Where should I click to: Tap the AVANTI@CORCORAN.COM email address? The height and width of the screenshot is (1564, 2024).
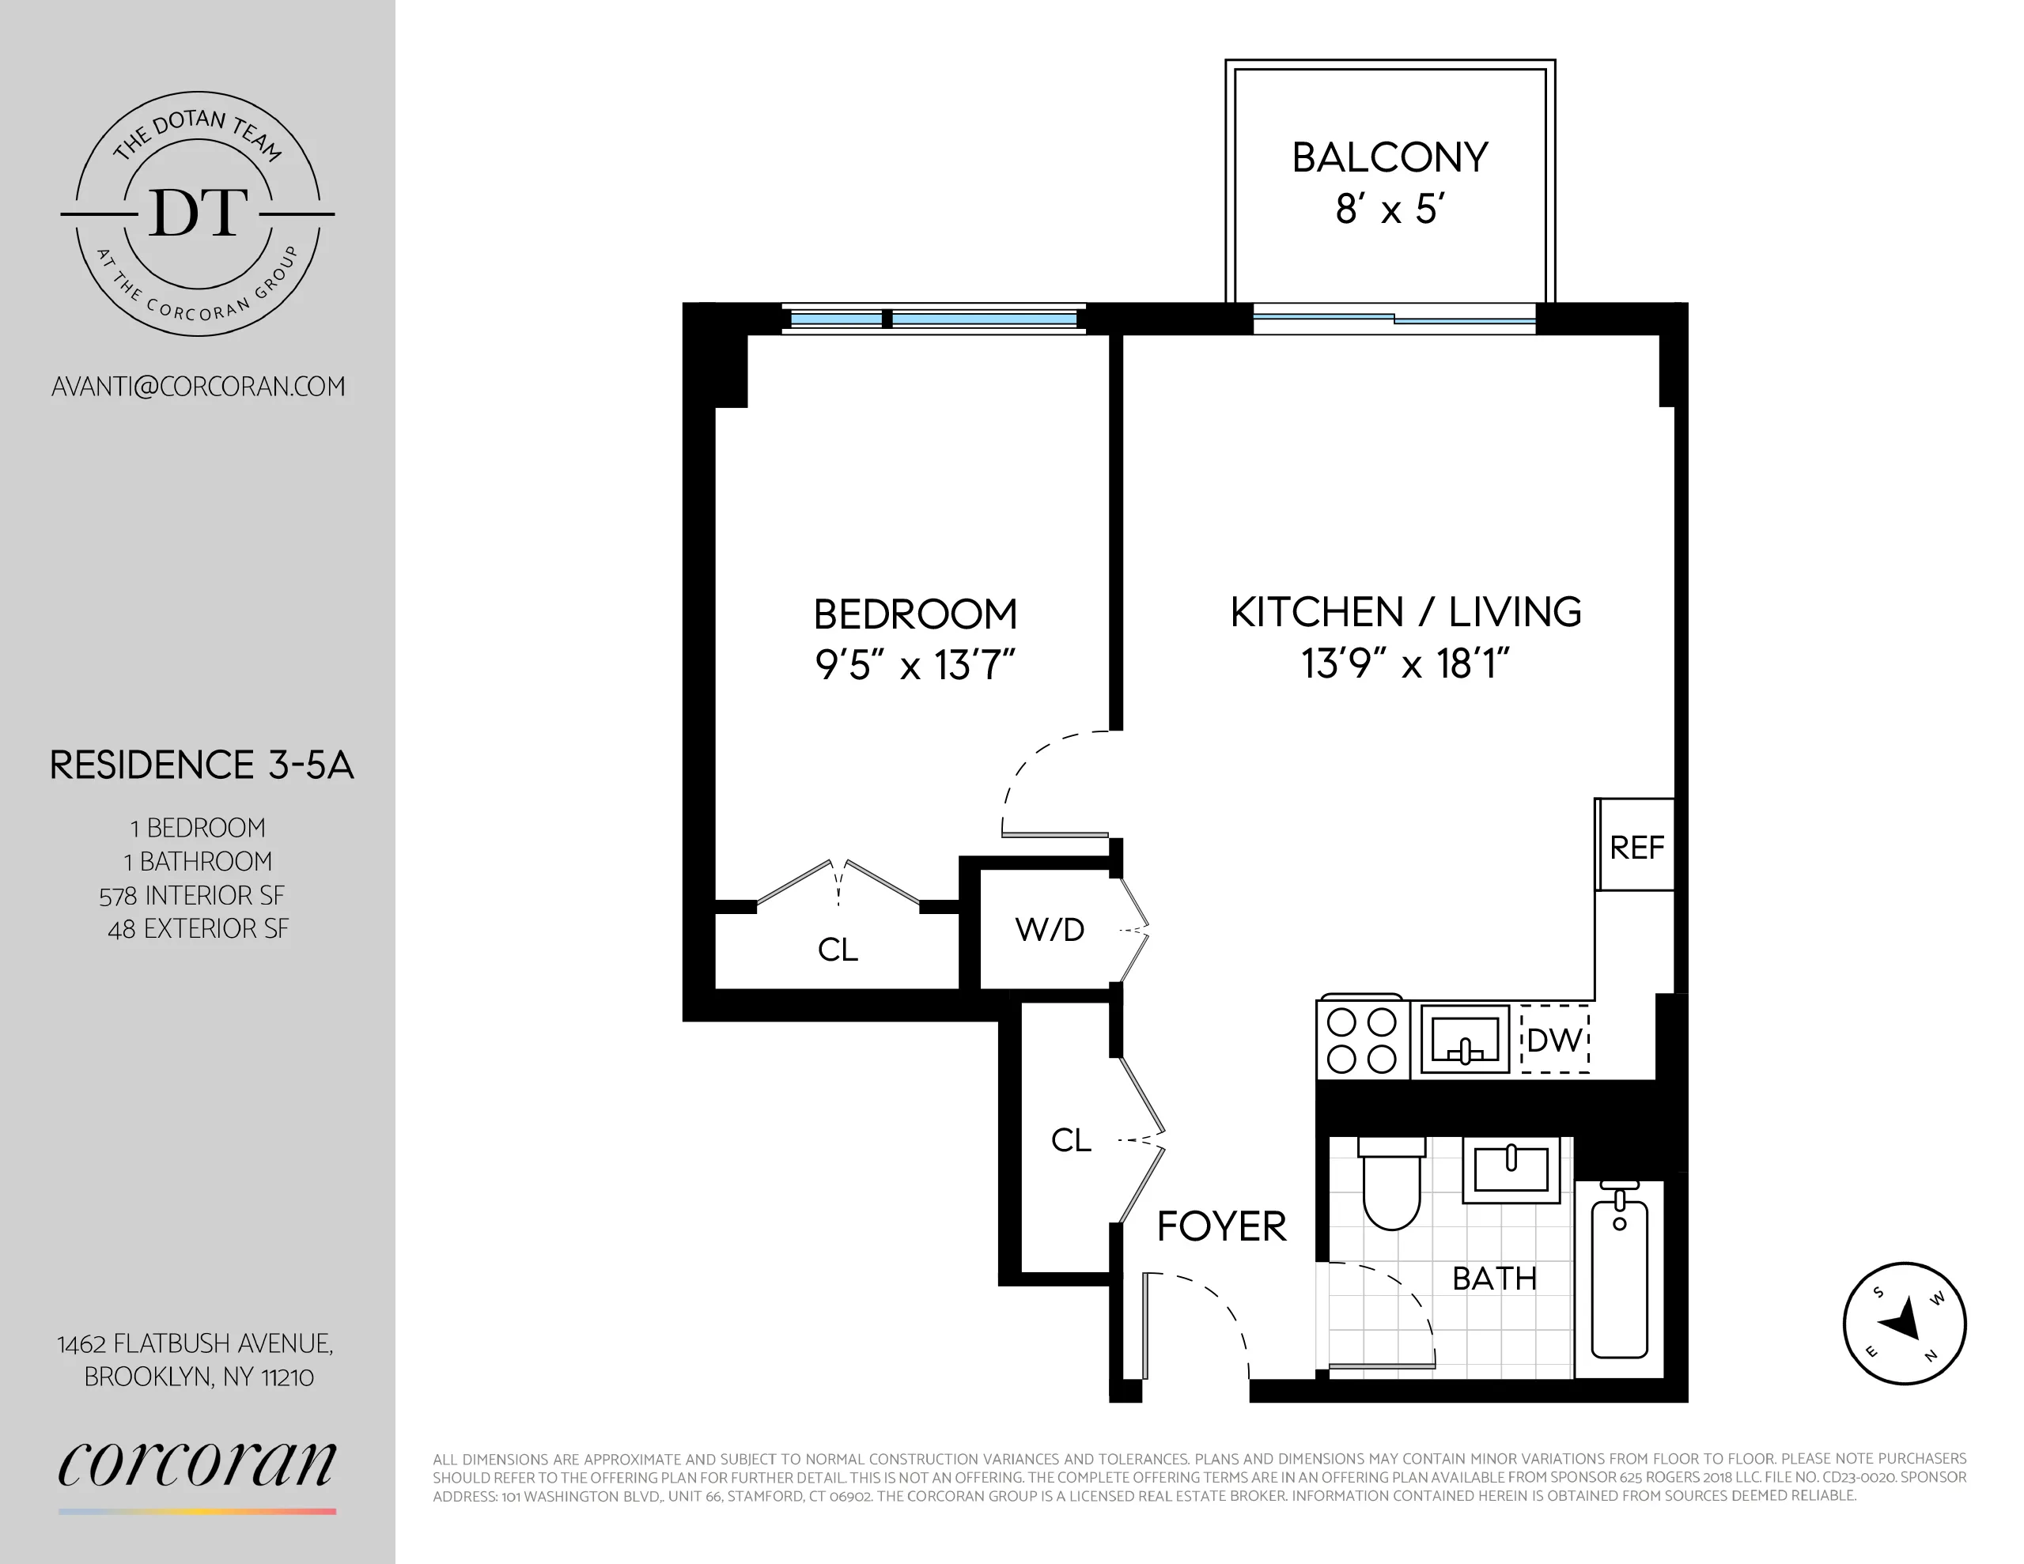[199, 387]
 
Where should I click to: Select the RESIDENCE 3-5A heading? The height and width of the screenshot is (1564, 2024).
[201, 765]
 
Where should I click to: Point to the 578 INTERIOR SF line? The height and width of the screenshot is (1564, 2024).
[192, 895]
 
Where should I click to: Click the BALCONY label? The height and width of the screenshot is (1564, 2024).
[1389, 157]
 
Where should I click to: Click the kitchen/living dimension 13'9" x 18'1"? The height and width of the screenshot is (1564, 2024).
[1405, 663]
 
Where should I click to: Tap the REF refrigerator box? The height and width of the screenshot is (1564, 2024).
[1636, 846]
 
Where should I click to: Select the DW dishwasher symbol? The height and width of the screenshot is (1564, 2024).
[1554, 1040]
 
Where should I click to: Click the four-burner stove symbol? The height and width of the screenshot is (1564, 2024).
[1362, 1040]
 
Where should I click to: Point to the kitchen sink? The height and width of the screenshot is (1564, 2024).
[1464, 1040]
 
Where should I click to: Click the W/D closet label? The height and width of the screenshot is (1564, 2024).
[1049, 929]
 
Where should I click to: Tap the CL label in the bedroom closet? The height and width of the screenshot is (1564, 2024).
[838, 950]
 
